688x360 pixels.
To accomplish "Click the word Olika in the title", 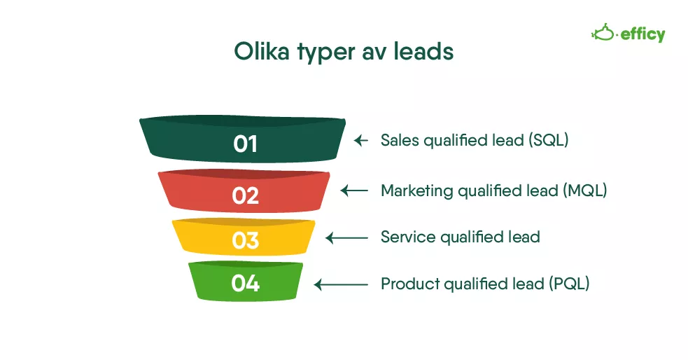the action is point(262,51).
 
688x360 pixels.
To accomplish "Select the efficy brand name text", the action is point(643,34).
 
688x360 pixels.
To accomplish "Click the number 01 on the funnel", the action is point(245,144).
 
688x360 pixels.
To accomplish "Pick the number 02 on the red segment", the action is point(245,195).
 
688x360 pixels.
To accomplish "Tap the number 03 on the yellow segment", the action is point(245,241).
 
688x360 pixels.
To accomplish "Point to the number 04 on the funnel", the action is point(245,283).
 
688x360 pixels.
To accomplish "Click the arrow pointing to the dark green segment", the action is point(360,141).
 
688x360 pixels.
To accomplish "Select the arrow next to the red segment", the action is point(354,191).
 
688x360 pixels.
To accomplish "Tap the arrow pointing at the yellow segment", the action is point(346,238).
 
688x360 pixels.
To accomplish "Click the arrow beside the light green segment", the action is point(341,284).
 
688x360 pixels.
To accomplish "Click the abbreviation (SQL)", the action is point(548,141).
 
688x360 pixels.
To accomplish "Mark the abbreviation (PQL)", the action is point(569,284).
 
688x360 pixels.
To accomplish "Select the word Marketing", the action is point(416,191).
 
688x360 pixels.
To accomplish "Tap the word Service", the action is point(407,237).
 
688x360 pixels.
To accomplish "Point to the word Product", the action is point(409,284).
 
